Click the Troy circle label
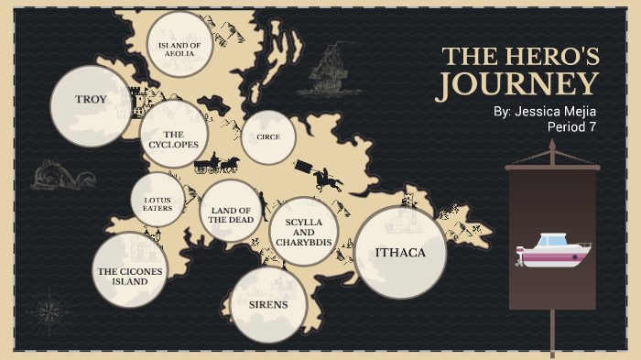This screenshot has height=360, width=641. click(x=91, y=99)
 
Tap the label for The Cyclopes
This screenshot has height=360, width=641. click(x=174, y=138)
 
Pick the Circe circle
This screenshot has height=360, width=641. click(x=268, y=137)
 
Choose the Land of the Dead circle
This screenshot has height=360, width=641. click(x=231, y=213)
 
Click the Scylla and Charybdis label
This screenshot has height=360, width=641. click(x=305, y=233)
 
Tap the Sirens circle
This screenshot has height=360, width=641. click(x=267, y=304)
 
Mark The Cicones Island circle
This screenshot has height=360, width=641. click(x=129, y=271)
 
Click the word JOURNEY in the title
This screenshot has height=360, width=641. click(x=517, y=85)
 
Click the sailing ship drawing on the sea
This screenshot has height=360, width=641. click(x=326, y=72)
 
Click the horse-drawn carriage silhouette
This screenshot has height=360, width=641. click(x=216, y=164)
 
